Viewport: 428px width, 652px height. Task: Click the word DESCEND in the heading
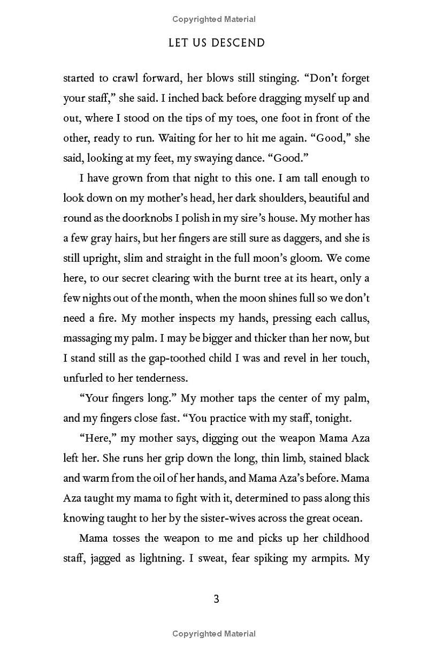point(238,43)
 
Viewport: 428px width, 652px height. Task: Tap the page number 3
point(217,599)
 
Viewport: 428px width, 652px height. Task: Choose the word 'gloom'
point(303,258)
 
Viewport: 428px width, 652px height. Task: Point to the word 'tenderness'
point(162,378)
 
